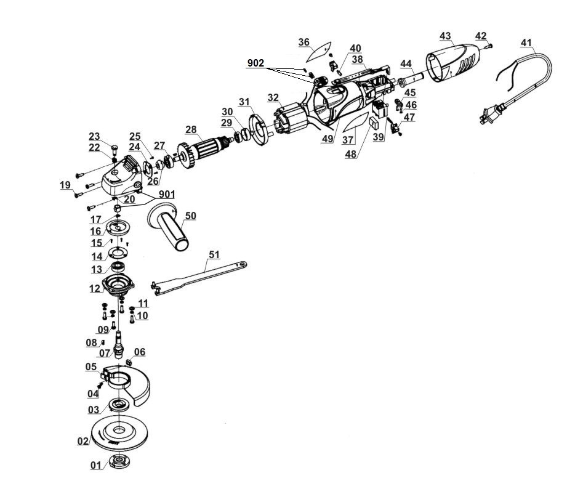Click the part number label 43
pyautogui.click(x=445, y=36)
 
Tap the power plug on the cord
pyautogui.click(x=490, y=113)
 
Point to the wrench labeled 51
pyautogui.click(x=198, y=277)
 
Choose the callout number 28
pyautogui.click(x=191, y=129)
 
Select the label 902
pyautogui.click(x=255, y=63)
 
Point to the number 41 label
pyautogui.click(x=526, y=43)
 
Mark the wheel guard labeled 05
pyautogui.click(x=127, y=384)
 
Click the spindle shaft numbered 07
pyautogui.click(x=118, y=345)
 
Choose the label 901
pyautogui.click(x=167, y=194)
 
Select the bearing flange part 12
pyautogui.click(x=118, y=285)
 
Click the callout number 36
pyautogui.click(x=304, y=43)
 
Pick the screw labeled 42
pyautogui.click(x=489, y=46)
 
